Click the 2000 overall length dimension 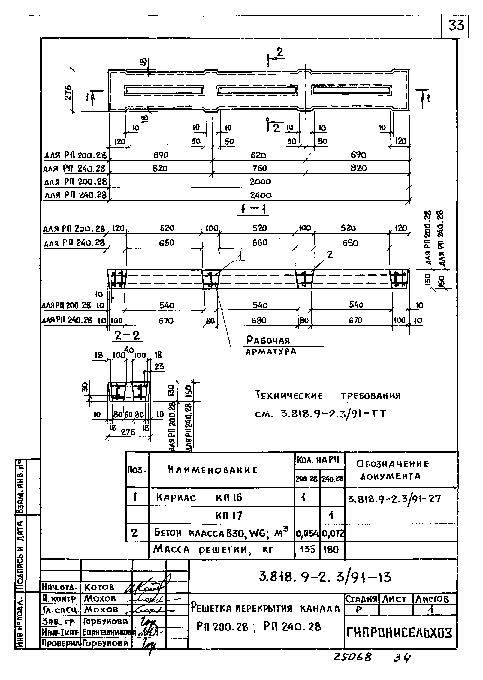click(x=260, y=181)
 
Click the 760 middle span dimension click(x=259, y=168)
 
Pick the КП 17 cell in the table click(x=228, y=515)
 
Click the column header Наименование click(x=213, y=470)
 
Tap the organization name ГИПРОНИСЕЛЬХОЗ click(x=399, y=633)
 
